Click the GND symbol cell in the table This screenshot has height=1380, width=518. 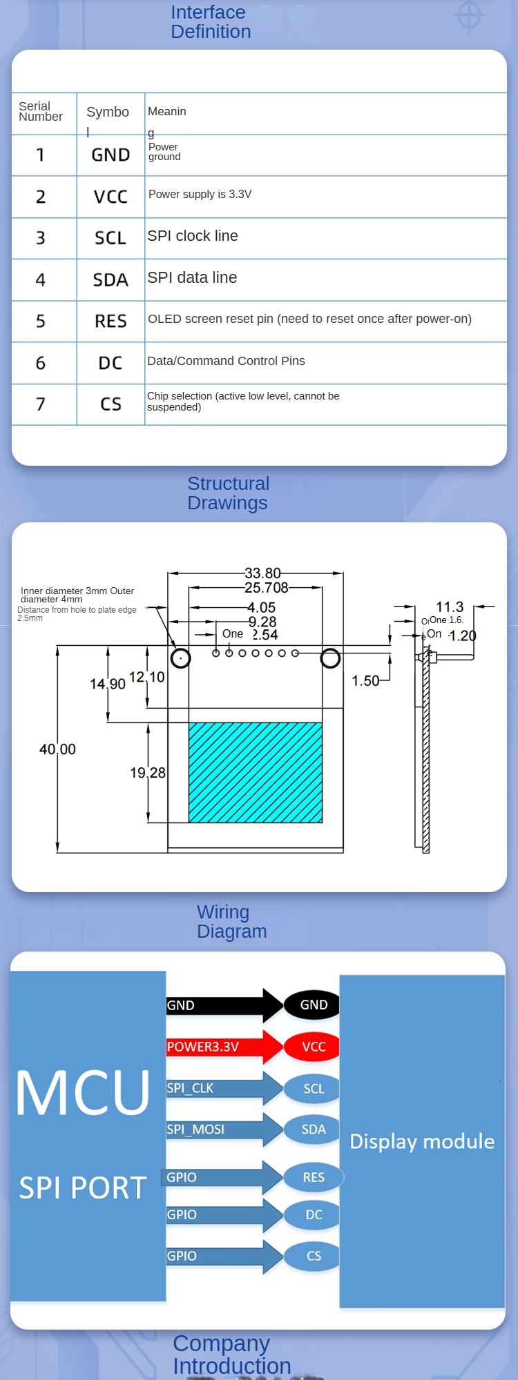click(111, 155)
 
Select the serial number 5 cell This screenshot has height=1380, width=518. click(41, 322)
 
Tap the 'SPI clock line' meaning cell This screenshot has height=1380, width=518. click(193, 236)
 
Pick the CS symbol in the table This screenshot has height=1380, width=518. click(111, 404)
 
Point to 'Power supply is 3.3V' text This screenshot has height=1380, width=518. click(200, 195)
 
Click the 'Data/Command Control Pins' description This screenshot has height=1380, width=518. click(226, 361)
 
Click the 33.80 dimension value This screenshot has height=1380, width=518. click(262, 573)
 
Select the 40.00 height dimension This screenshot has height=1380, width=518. click(57, 749)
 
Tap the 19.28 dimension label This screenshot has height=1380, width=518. click(148, 773)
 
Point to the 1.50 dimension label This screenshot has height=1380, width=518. click(365, 681)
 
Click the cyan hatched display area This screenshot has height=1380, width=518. click(256, 773)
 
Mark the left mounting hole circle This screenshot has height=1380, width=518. click(181, 658)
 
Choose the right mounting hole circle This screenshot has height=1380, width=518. click(330, 658)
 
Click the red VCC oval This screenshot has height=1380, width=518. click(314, 1047)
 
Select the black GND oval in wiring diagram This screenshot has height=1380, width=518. click(314, 1005)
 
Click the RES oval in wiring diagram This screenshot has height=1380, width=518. click(314, 1177)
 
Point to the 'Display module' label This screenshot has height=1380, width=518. click(422, 1141)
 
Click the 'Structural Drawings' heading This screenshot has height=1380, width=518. click(228, 493)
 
